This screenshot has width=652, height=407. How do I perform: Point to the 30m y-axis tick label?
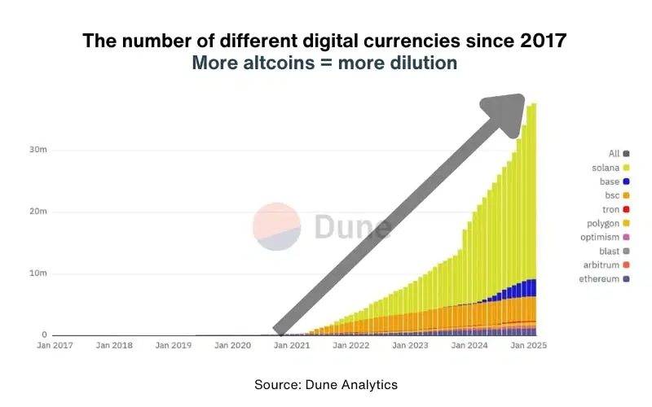tap(37, 150)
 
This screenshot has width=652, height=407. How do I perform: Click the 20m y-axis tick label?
tap(37, 212)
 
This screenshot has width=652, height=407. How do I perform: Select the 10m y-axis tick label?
tap(37, 274)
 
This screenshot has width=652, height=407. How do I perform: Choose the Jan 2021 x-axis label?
tap(291, 345)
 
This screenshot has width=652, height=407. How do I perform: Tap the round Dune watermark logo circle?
tap(276, 227)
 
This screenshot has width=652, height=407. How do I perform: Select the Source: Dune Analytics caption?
tap(326, 383)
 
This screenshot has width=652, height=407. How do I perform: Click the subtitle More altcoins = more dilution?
tap(324, 63)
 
